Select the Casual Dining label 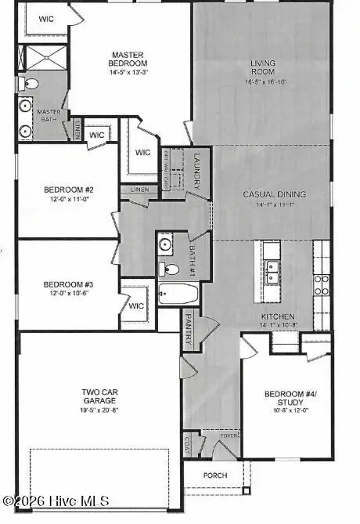pos(274,194)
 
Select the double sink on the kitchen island pos(272,272)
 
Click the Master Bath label pos(49,116)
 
